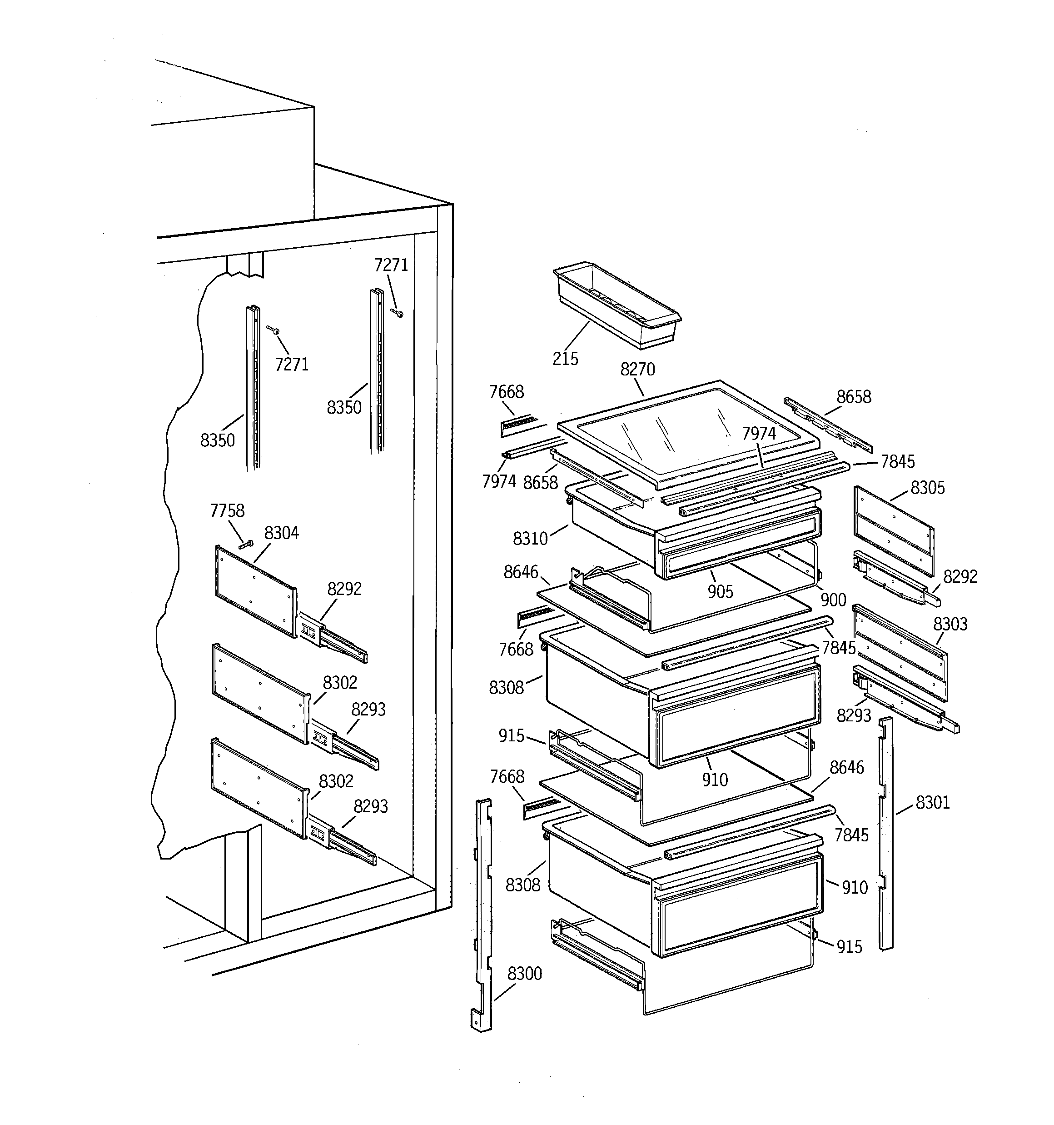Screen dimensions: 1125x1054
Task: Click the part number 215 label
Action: [x=565, y=358]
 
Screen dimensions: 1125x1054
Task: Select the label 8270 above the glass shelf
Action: [x=637, y=369]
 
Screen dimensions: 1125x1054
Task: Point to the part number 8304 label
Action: [x=281, y=533]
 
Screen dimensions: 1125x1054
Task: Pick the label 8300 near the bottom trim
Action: [x=524, y=973]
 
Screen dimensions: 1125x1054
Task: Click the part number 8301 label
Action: [x=932, y=802]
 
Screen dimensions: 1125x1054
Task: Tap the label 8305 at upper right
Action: [x=927, y=487]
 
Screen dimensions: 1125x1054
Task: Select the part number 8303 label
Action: [x=950, y=624]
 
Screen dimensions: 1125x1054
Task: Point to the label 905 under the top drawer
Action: [x=720, y=591]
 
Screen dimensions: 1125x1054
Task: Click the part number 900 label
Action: [x=833, y=600]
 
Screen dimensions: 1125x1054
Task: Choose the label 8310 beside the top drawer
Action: [x=530, y=538]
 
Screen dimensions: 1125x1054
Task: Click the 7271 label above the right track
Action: [x=391, y=265]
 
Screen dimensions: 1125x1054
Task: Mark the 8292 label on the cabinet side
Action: [x=344, y=589]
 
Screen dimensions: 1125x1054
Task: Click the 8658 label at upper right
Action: [x=854, y=397]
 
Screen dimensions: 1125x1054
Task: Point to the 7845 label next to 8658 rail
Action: [x=897, y=462]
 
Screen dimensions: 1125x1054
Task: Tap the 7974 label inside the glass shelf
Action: [x=759, y=434]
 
